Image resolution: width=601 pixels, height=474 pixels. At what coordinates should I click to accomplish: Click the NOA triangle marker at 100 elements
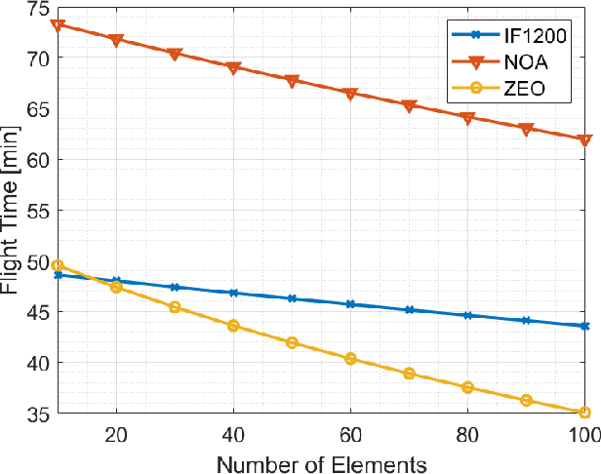coord(584,140)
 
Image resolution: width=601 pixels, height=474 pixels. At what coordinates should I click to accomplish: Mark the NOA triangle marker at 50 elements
coord(292,82)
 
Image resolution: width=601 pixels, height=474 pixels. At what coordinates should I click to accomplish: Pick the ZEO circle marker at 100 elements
coord(584,413)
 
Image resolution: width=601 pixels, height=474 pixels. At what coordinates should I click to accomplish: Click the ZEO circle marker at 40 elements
coord(233,325)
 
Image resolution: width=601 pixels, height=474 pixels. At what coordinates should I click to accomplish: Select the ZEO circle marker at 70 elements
coord(409,374)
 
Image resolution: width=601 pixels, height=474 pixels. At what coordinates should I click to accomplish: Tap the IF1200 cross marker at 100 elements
coord(584,326)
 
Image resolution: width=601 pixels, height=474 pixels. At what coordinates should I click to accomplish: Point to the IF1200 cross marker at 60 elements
coord(350,304)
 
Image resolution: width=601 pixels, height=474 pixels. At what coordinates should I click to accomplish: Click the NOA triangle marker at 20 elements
coord(116,41)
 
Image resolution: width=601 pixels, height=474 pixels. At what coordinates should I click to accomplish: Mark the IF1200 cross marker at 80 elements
coord(467,315)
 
